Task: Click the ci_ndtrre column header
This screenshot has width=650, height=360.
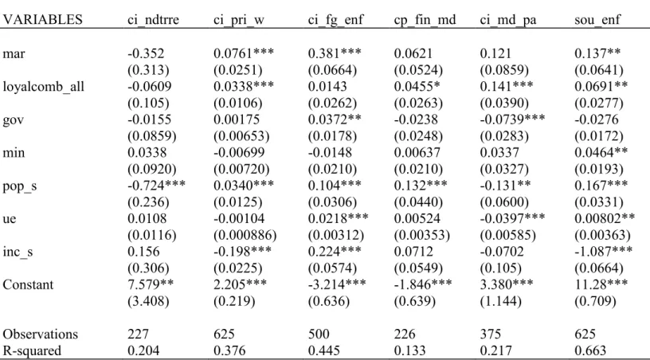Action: [153, 19]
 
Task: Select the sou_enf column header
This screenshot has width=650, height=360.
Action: [597, 19]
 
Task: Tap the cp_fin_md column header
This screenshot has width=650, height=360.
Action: [425, 20]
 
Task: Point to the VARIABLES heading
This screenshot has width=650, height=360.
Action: [42, 19]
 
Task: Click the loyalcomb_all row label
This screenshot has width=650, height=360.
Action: [43, 87]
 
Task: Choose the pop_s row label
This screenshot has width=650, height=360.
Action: [19, 186]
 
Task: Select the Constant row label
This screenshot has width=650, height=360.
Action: [28, 284]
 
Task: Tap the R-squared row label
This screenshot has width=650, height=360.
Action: [32, 351]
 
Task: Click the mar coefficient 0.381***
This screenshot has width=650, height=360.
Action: [334, 53]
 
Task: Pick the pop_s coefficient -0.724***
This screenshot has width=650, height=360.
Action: [156, 186]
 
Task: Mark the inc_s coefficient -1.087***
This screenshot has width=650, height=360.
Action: [603, 251]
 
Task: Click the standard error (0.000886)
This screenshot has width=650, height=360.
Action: [245, 235]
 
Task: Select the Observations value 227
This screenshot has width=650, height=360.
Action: [138, 334]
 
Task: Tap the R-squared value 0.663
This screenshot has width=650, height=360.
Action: [590, 351]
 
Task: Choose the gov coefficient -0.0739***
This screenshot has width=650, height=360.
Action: [512, 119]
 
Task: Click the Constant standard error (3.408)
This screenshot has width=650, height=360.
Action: [148, 301]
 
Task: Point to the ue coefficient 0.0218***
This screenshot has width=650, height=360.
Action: [338, 218]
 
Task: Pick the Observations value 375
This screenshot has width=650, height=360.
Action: [491, 334]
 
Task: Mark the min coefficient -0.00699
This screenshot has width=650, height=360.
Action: [239, 152]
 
